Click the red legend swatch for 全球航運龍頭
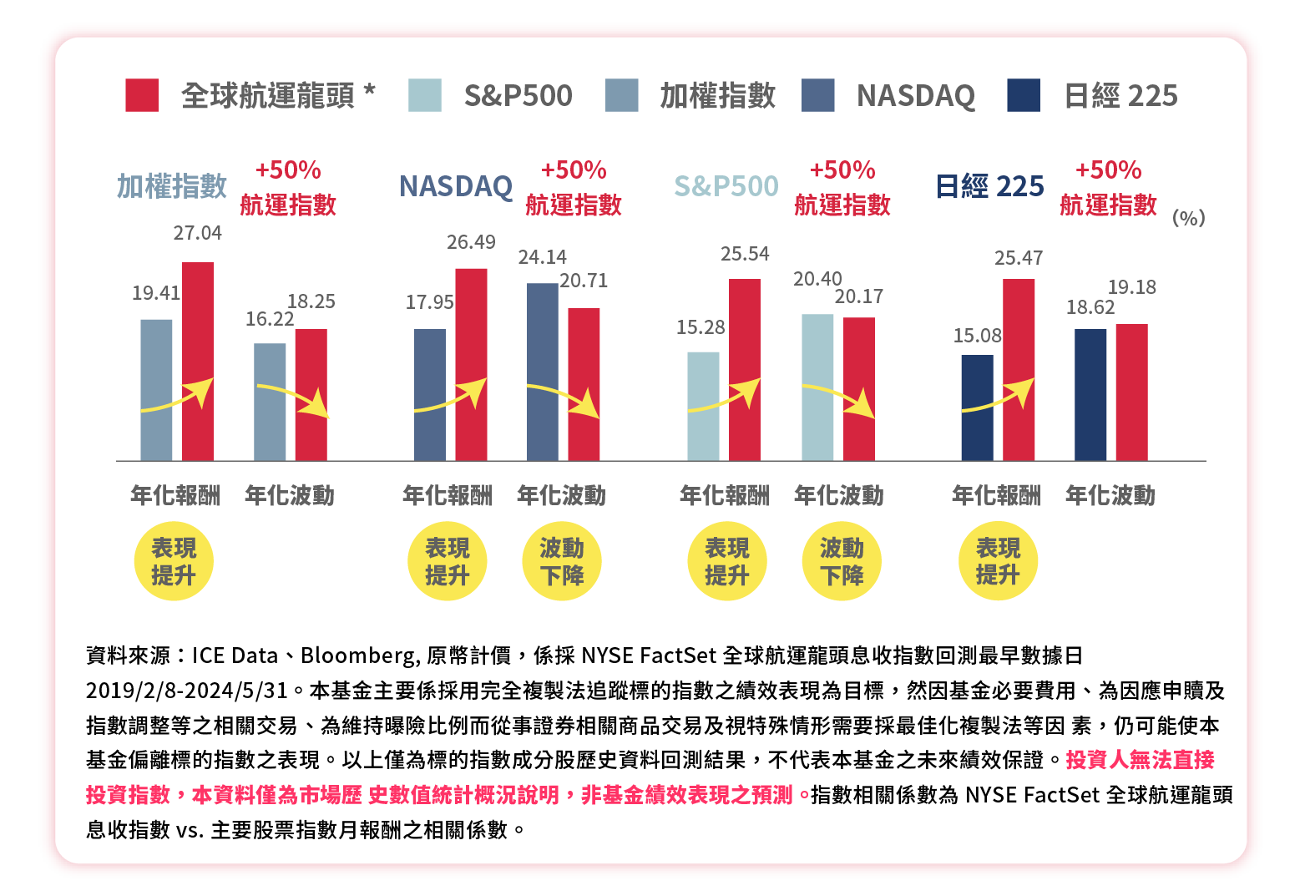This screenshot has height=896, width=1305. [x=142, y=95]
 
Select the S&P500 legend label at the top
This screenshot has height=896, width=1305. [x=518, y=96]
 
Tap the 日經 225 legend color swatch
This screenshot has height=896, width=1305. [x=1024, y=95]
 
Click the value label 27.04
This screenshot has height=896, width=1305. [x=198, y=233]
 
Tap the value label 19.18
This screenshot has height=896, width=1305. [x=1131, y=287]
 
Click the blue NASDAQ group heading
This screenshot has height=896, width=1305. [x=456, y=186]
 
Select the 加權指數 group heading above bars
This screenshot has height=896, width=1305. [x=172, y=186]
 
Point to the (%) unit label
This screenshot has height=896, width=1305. [x=1188, y=218]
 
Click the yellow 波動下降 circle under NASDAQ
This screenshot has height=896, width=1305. [x=562, y=561]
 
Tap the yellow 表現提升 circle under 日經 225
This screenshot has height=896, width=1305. [x=998, y=561]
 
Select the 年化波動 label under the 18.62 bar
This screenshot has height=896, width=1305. [x=1110, y=495]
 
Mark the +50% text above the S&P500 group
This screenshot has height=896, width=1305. [x=842, y=170]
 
